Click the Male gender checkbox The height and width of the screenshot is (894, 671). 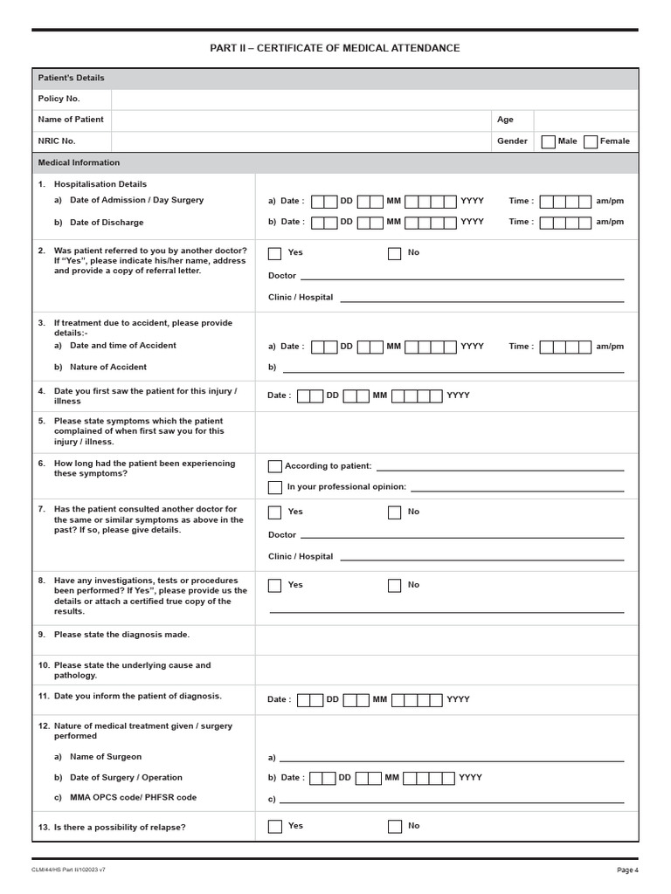click(548, 141)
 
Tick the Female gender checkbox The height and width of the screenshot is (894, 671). click(591, 141)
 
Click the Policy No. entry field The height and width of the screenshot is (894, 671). click(374, 99)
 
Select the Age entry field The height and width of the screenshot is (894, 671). click(585, 120)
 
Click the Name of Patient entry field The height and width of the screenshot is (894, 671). click(301, 120)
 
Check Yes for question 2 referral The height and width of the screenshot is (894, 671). click(275, 253)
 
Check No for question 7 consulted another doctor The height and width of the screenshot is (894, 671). click(395, 512)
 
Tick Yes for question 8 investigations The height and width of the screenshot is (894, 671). click(275, 586)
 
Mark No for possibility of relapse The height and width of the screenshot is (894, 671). click(395, 826)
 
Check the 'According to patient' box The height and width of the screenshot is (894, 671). click(275, 466)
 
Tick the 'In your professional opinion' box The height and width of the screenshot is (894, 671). click(275, 487)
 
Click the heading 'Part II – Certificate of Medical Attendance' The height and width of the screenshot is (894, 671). click(335, 48)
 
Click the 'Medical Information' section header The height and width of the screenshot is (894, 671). click(80, 162)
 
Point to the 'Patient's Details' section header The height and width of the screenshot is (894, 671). click(72, 78)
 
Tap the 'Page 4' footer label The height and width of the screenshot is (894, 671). click(627, 870)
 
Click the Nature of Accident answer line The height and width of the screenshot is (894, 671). click(453, 368)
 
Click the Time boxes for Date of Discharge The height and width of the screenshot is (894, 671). click(565, 223)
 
